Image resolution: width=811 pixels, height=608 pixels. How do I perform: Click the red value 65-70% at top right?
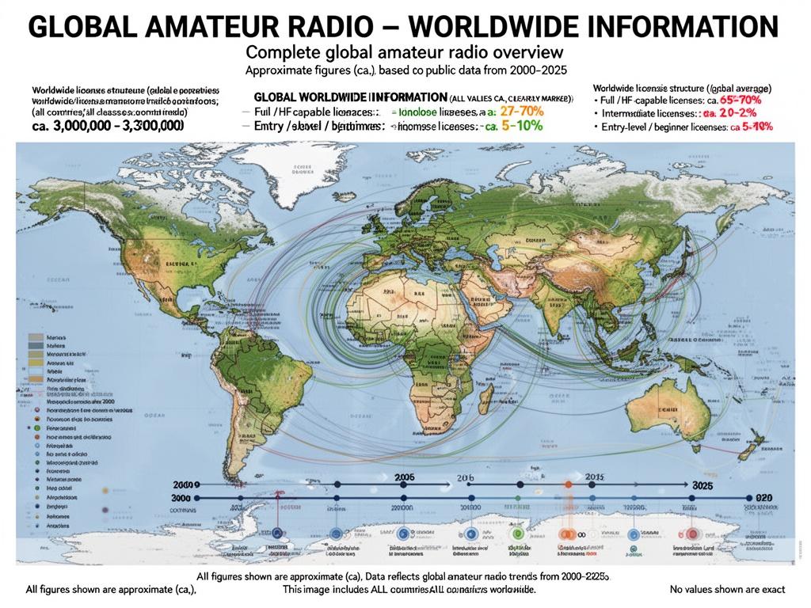pyautogui.click(x=744, y=101)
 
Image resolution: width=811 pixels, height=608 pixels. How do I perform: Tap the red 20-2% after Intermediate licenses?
pyautogui.click(x=748, y=114)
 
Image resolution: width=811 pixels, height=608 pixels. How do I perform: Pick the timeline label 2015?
pyautogui.click(x=594, y=477)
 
